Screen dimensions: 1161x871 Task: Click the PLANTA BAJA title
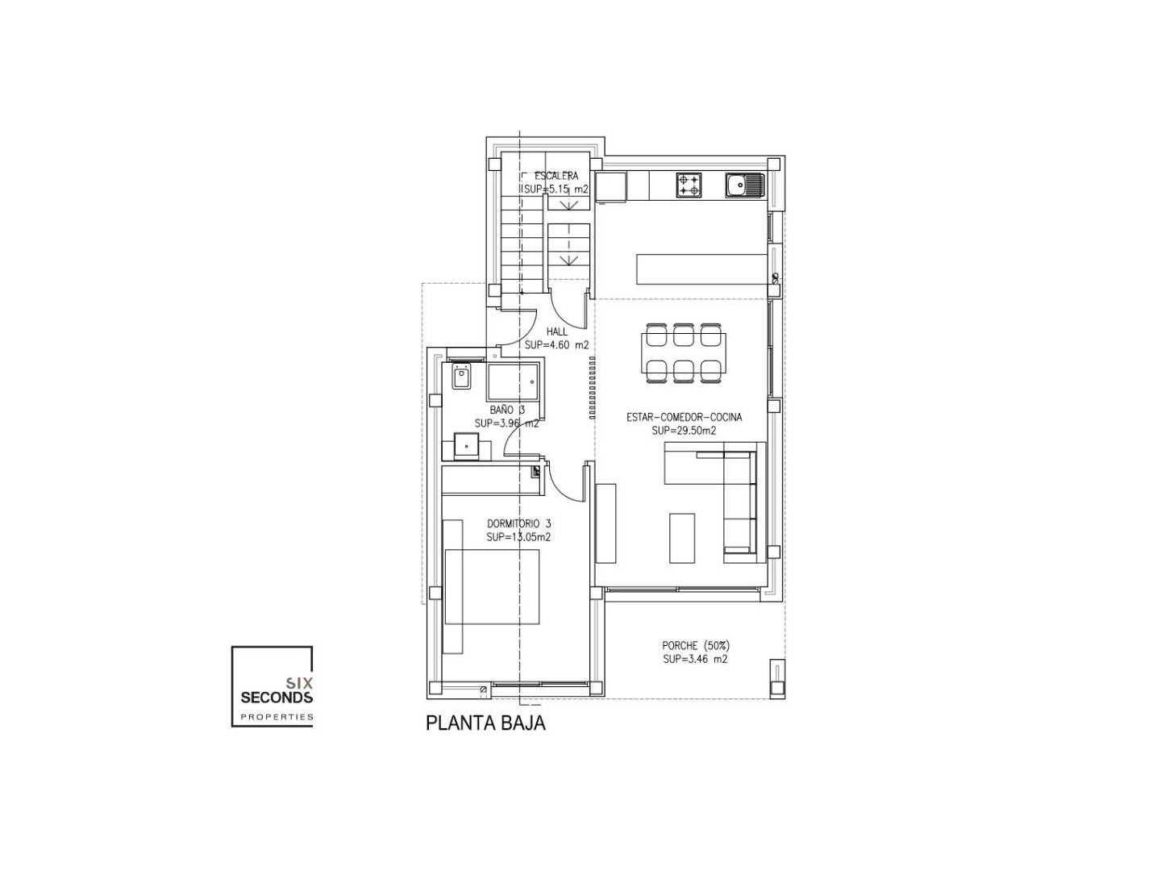485,723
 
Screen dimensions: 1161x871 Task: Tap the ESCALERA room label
556,176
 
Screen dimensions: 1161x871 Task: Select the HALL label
556,331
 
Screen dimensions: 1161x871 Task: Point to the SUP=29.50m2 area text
684,431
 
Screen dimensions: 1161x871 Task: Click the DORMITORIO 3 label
519,523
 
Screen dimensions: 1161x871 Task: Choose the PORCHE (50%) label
696,646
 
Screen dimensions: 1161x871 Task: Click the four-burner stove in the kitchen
689,185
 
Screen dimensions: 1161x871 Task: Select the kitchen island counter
702,269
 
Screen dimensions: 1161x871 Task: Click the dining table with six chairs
684,352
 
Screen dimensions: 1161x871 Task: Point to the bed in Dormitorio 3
492,587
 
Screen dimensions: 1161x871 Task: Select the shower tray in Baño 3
512,381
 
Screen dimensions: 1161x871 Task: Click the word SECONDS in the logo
277,698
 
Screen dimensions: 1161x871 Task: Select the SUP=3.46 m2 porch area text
695,660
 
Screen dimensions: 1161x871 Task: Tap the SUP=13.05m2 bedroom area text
518,537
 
